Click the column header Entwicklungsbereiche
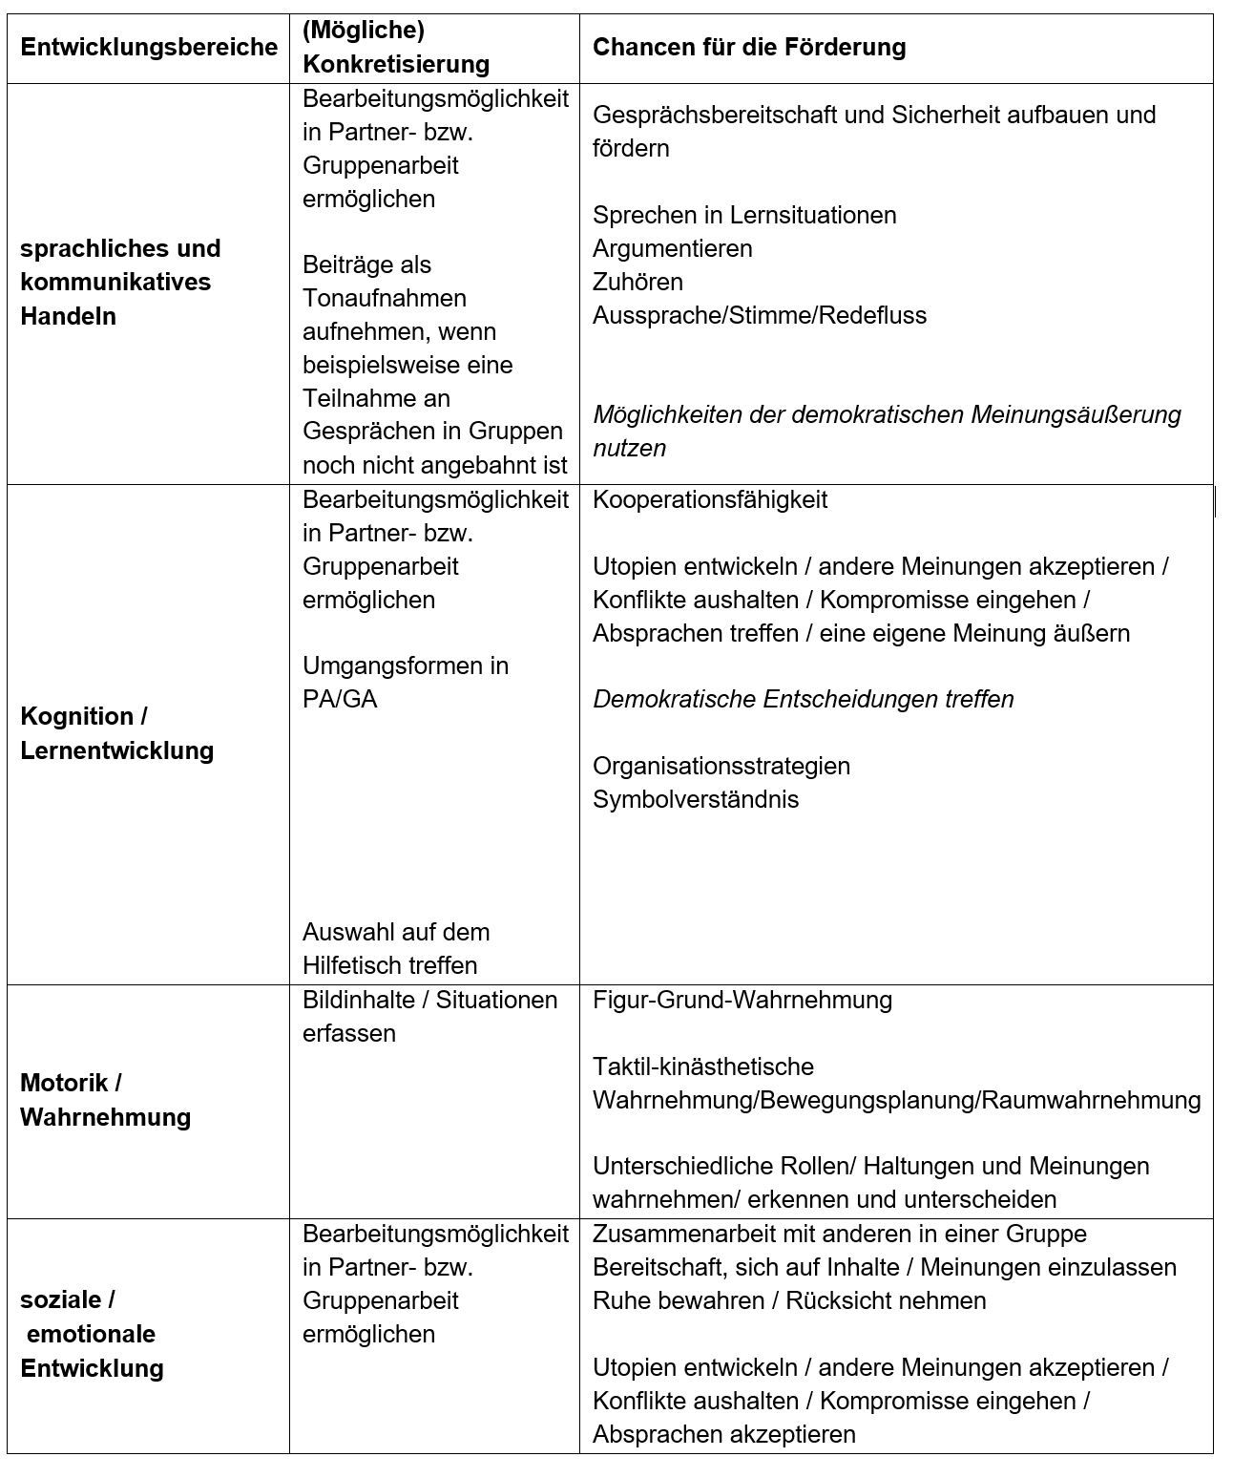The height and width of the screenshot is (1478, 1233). [149, 48]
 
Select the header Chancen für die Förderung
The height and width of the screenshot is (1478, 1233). [749, 48]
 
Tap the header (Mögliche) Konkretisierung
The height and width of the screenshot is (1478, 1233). [396, 48]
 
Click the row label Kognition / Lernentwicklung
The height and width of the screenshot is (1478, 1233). [116, 733]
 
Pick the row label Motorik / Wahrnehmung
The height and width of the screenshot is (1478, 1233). [105, 1100]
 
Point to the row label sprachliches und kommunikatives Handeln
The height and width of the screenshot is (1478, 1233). [120, 282]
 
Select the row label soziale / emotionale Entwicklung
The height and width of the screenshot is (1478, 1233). [92, 1334]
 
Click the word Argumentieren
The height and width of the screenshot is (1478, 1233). [672, 248]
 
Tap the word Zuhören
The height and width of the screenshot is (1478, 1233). [637, 282]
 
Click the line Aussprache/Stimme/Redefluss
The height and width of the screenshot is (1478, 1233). [759, 315]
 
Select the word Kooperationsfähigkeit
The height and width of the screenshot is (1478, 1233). [710, 499]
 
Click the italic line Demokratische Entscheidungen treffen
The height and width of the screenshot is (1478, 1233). [803, 699]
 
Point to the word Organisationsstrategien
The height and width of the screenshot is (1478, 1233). [721, 766]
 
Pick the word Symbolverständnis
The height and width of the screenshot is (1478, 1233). [695, 799]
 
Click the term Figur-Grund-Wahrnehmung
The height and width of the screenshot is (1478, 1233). [742, 1000]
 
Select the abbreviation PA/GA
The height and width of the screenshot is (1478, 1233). [340, 699]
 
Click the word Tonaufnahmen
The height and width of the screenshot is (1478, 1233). [384, 298]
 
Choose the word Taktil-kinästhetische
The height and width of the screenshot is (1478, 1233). [702, 1066]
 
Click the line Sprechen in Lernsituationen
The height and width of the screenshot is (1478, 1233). [744, 215]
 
